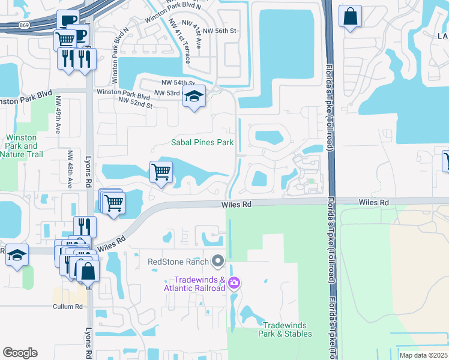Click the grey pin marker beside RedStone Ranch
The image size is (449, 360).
pos(218,262)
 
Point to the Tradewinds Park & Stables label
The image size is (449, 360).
pos(285,329)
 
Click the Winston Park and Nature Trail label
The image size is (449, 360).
pos(20,146)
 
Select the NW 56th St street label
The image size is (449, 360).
pos(219,30)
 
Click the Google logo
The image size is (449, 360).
pos(20,353)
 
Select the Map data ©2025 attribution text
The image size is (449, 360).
pos(423,355)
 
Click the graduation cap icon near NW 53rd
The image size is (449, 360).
pos(194,96)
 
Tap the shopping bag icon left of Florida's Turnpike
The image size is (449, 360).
pos(350,16)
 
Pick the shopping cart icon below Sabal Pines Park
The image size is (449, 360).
pos(161,172)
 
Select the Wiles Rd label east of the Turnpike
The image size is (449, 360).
pos(373,203)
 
